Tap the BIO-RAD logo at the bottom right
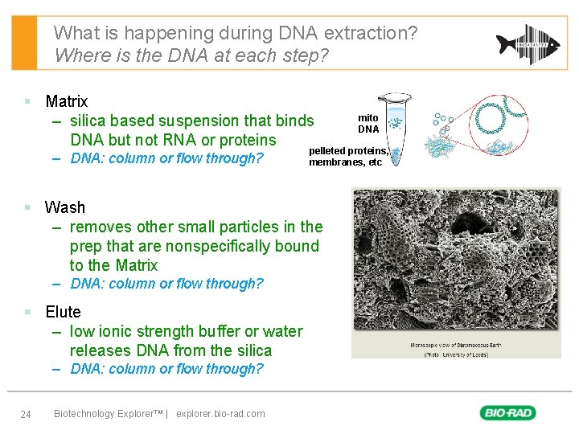tap(508, 413)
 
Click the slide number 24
tap(25, 414)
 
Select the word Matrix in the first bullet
tap(67, 101)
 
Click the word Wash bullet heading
tap(65, 207)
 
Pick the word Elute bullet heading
tap(63, 312)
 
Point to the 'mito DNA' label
tap(368, 124)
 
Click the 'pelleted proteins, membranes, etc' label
tap(347, 157)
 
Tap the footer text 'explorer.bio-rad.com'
tap(220, 414)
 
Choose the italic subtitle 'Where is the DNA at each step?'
tap(192, 56)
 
